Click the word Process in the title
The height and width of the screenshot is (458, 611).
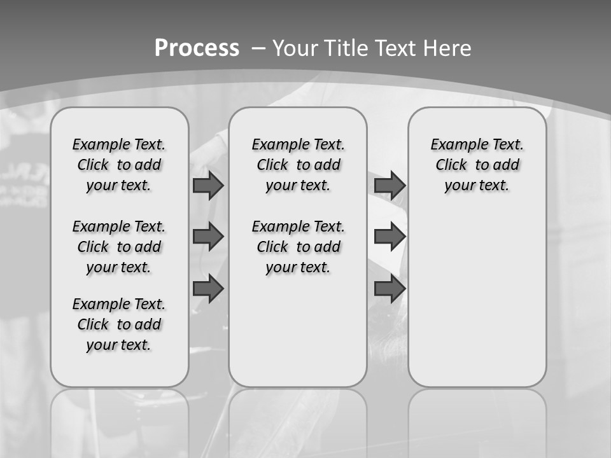[197, 48]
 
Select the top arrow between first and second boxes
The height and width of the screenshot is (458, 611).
[208, 186]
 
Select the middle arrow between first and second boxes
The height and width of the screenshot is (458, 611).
[208, 237]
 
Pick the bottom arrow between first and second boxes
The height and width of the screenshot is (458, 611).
[208, 289]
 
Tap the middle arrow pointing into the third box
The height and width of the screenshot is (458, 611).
[390, 237]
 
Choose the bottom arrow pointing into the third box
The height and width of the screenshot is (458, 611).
[390, 289]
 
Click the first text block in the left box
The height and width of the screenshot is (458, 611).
[119, 165]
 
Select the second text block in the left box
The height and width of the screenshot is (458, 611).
[119, 247]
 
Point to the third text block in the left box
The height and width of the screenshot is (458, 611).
[119, 324]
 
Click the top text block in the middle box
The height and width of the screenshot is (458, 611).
[298, 165]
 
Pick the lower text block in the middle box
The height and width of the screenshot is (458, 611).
[298, 247]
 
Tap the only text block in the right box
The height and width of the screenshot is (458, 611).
[477, 165]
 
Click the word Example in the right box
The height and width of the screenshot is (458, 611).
[454, 145]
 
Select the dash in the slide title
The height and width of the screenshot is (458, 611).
[258, 48]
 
